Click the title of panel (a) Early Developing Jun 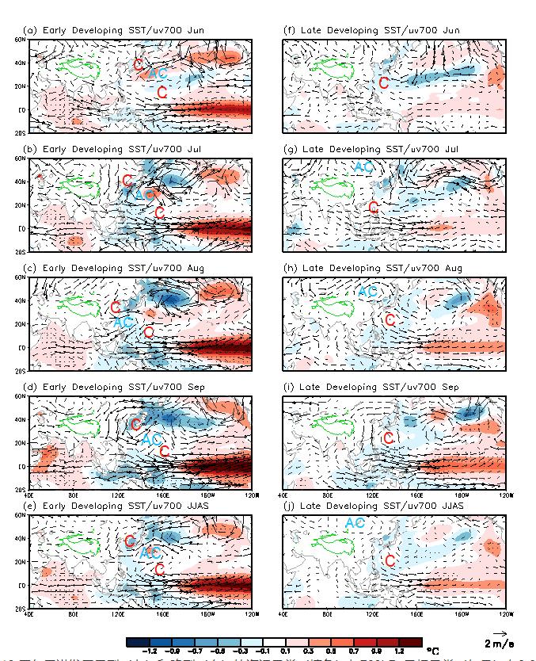point(115,30)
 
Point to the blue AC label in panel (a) point(158,73)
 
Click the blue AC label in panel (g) point(363,166)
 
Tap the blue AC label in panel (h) point(368,292)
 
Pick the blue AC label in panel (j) point(355,522)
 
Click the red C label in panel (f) point(384,82)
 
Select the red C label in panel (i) point(388,438)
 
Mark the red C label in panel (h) point(389,320)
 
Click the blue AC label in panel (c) point(124,323)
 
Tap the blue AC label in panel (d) point(151,438)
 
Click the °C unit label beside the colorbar point(432,651)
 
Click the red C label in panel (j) point(389,561)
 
